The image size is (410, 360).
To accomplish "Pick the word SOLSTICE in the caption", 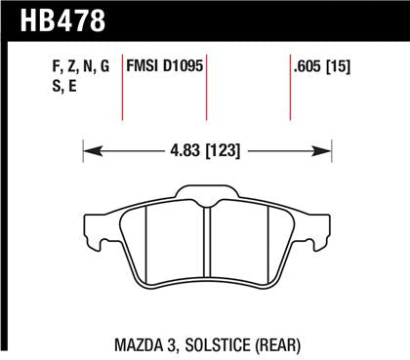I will coord(216,344).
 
